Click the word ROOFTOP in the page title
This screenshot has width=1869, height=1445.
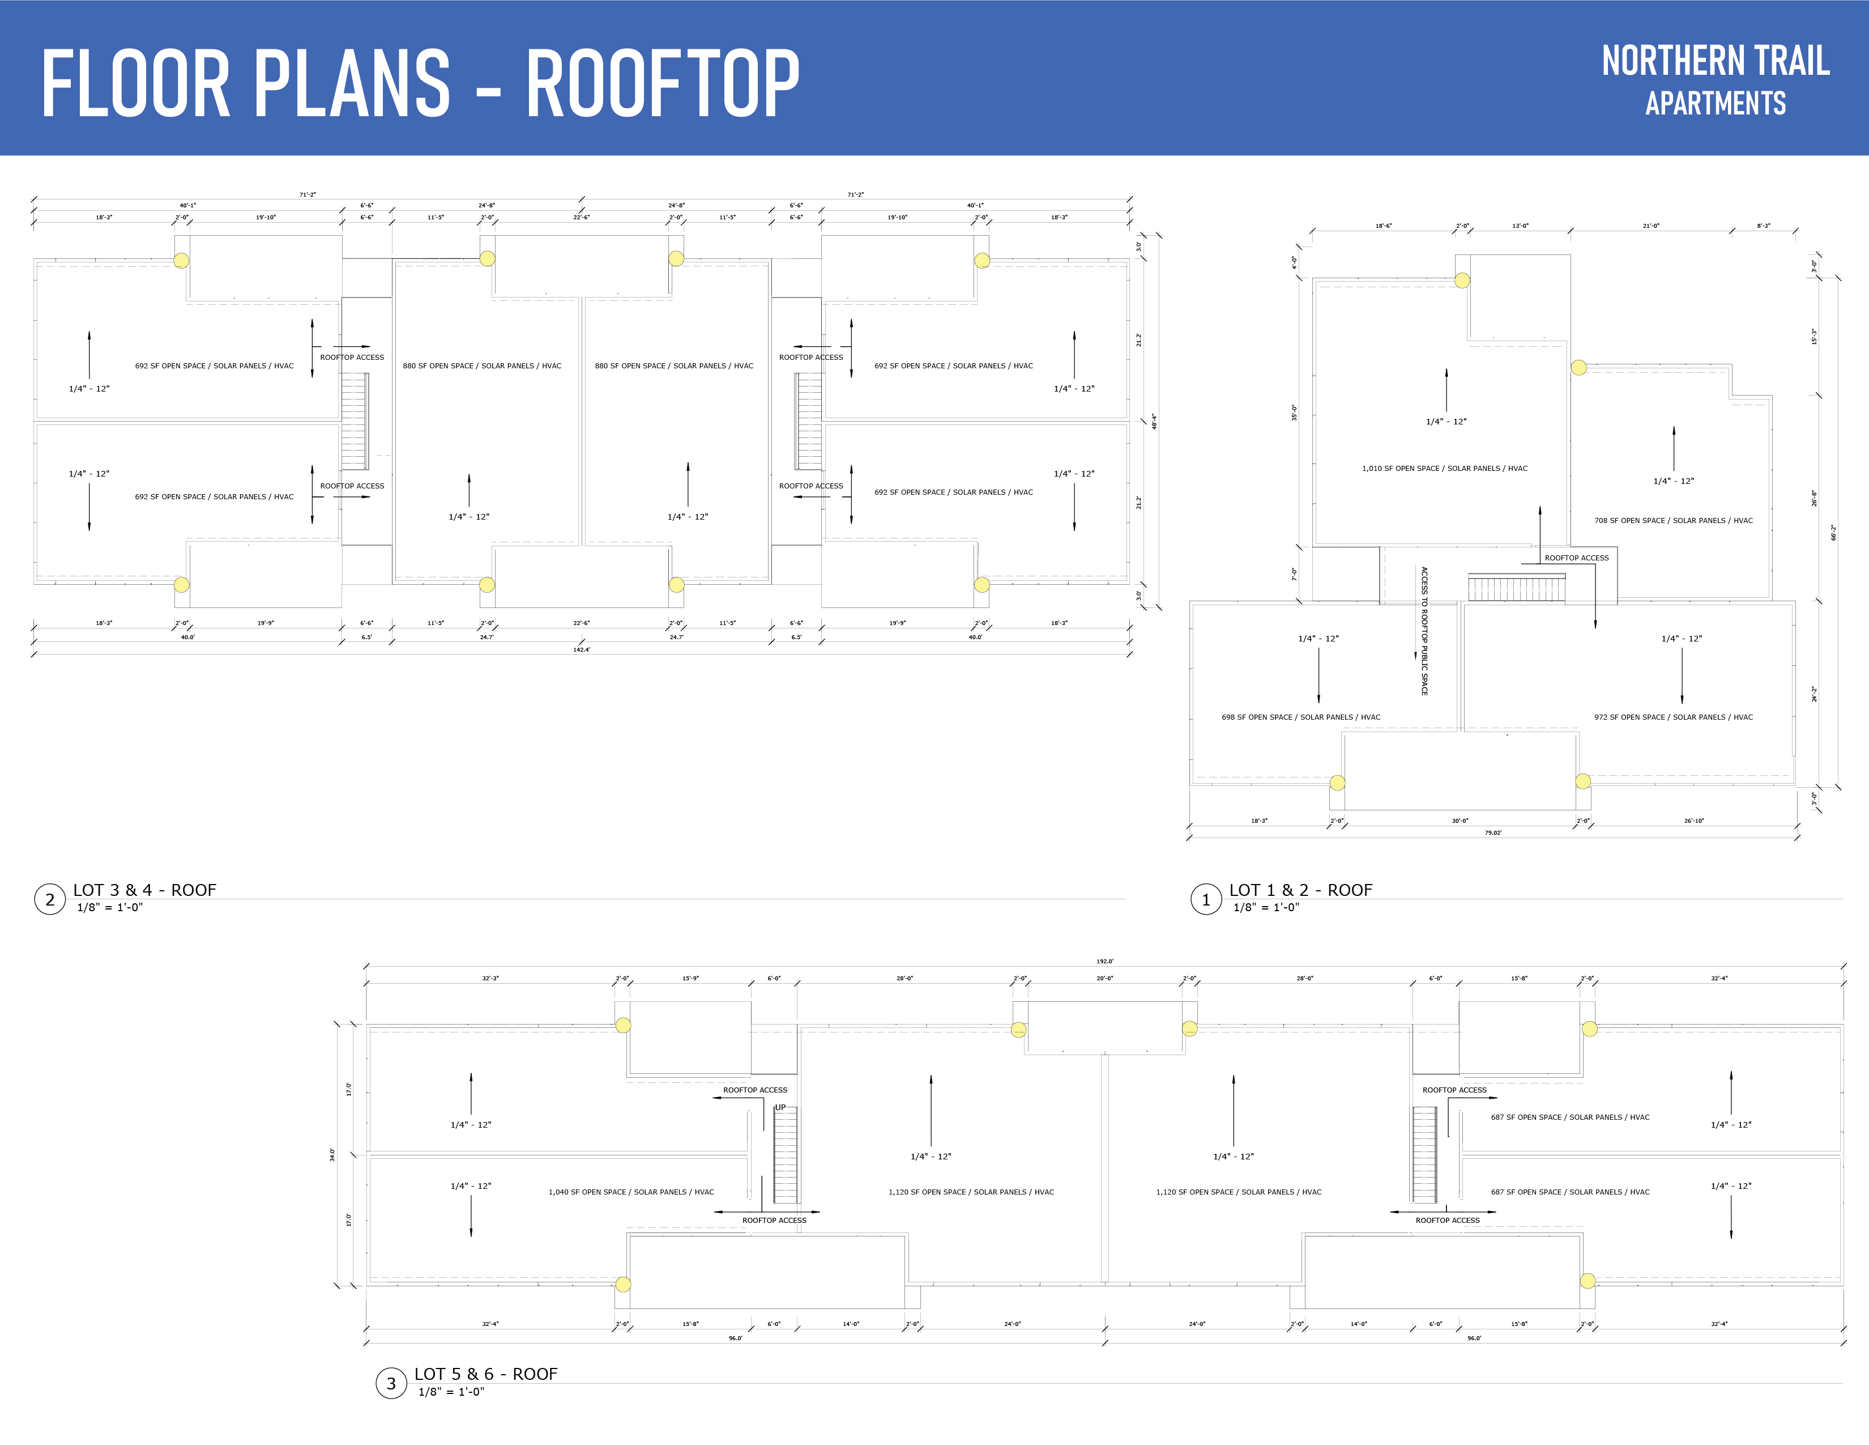tap(662, 83)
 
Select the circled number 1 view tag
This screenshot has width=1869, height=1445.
tap(1206, 900)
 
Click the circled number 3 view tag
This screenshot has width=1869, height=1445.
tap(391, 1383)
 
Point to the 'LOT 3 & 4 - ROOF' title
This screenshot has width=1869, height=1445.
tap(144, 890)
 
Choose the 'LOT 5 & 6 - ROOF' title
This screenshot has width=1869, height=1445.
tap(485, 1374)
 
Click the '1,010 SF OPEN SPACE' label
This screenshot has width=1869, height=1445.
tap(1445, 468)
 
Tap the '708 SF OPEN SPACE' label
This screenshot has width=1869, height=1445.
tap(1673, 520)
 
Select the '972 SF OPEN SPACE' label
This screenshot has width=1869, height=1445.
tap(1673, 717)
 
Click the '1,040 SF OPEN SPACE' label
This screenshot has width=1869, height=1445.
tap(631, 1192)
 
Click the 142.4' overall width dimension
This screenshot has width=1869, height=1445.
tap(581, 650)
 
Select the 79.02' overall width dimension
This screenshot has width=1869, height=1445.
tap(1492, 833)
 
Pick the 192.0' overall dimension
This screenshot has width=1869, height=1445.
tap(1105, 961)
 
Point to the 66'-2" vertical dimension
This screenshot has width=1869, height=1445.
tap(1833, 533)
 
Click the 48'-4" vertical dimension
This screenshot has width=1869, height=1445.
tap(1154, 421)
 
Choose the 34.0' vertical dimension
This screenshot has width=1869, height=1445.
tap(333, 1155)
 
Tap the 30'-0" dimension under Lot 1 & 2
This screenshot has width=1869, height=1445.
tap(1460, 821)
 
